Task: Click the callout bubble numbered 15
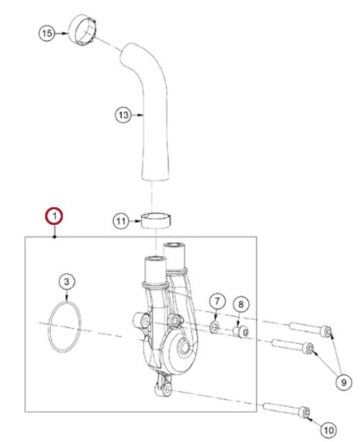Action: [47, 33]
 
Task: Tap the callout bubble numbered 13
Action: [123, 115]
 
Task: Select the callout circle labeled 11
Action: [121, 221]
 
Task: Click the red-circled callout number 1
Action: [55, 216]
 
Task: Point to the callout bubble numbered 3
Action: [66, 281]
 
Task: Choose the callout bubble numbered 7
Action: [217, 301]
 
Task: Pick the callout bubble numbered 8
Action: [241, 304]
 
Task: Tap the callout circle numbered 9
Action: [344, 382]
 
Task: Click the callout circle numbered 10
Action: [329, 430]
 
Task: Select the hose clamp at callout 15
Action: [82, 30]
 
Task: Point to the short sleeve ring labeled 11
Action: [156, 221]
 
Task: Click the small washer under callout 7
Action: [215, 327]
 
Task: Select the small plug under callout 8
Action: [241, 331]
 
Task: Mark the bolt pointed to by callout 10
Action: [287, 409]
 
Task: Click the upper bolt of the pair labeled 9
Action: [310, 328]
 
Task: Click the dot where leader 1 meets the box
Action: [55, 237]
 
